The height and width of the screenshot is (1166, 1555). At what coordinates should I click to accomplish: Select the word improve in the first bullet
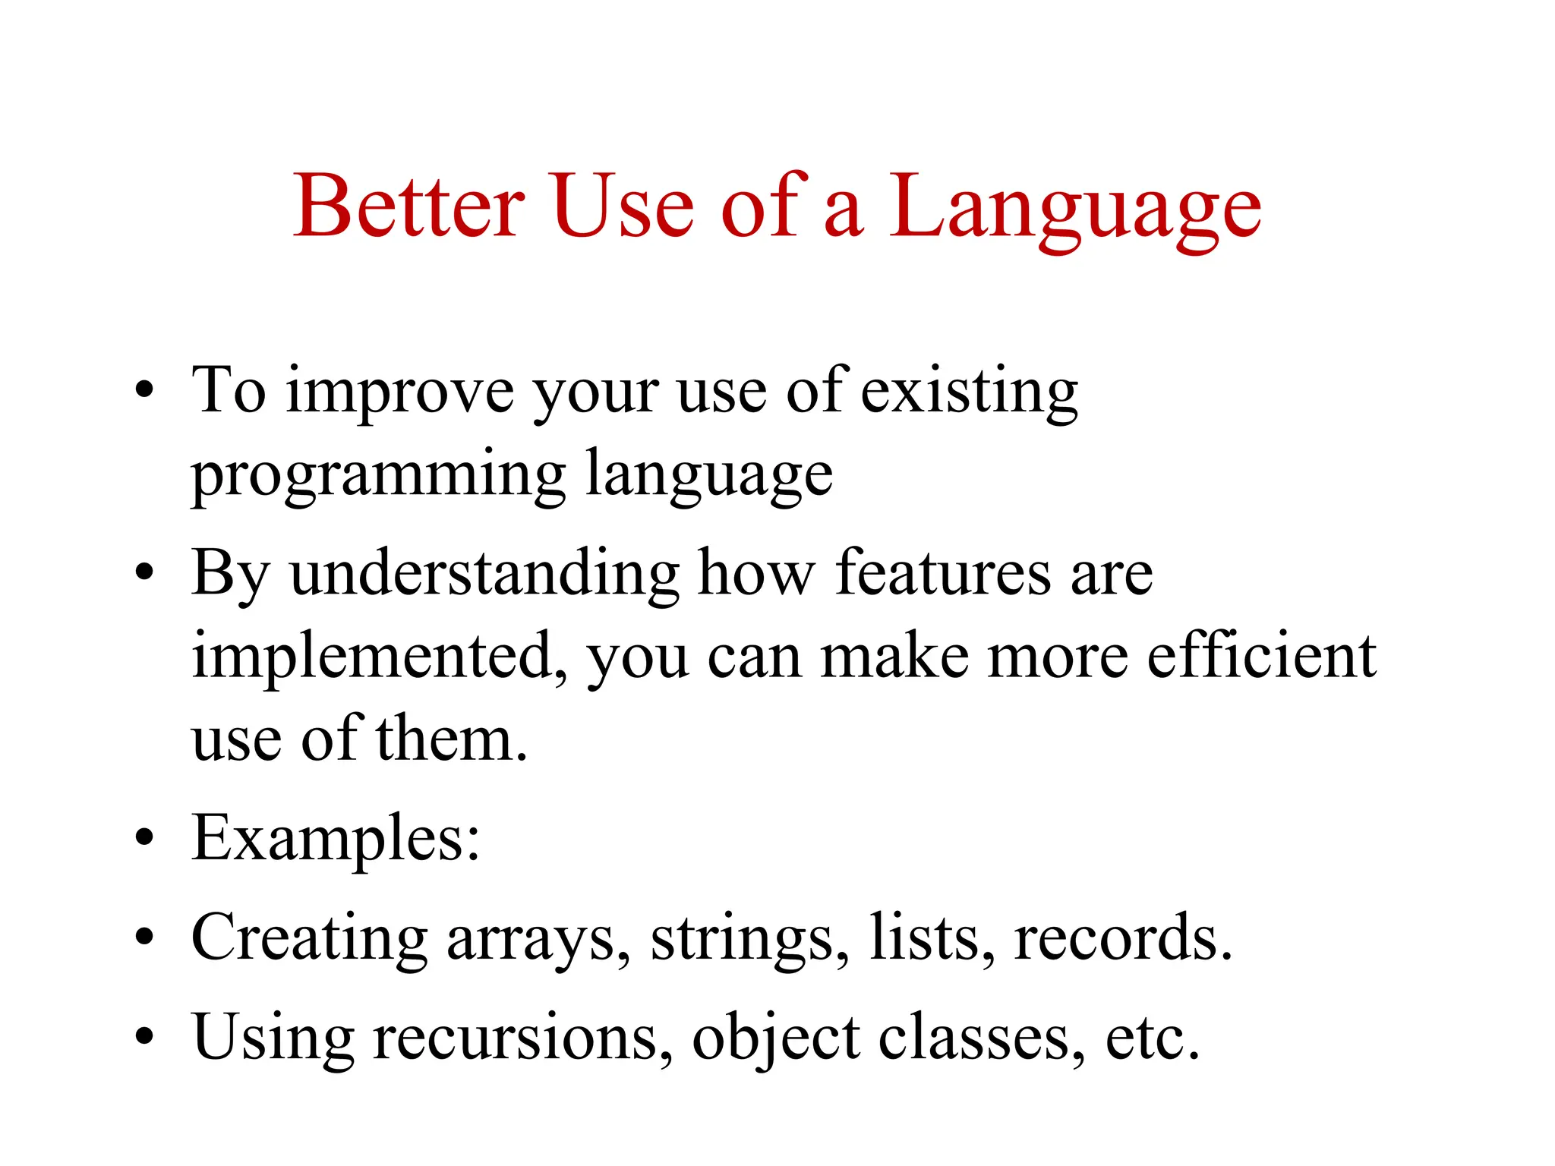coord(399,393)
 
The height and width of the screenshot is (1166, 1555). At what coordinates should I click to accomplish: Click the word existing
coord(970,393)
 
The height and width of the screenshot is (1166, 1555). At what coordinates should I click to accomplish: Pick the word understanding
coord(484,574)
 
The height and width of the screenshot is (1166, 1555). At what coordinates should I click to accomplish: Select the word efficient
coord(1261,655)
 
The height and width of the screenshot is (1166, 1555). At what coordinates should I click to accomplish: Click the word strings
coord(743,941)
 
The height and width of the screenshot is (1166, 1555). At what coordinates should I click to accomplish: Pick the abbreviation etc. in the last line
coord(1151,1038)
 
